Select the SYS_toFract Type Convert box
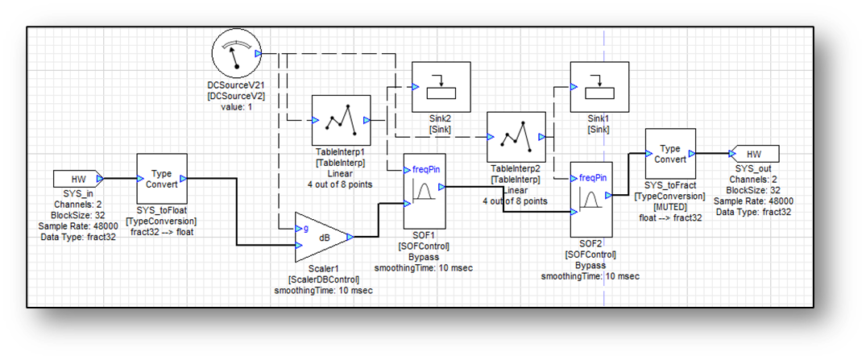670,155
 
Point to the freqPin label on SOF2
592,176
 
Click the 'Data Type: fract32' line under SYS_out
753,212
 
